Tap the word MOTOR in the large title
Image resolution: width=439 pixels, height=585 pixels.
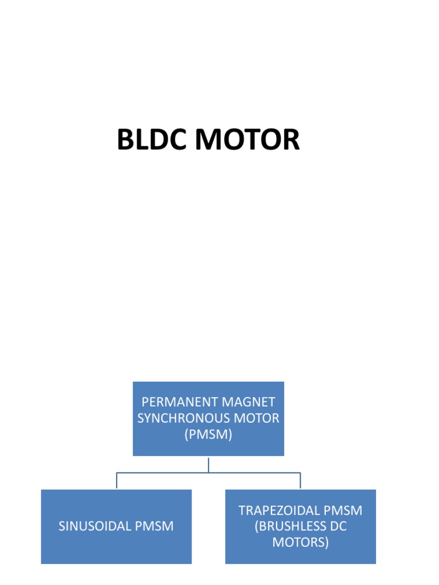246,140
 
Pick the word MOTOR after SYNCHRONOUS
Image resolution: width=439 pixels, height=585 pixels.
258,418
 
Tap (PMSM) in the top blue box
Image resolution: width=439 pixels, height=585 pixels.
208,435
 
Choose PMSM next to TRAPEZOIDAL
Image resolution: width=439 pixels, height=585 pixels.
343,510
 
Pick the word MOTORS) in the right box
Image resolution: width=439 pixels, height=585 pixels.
300,542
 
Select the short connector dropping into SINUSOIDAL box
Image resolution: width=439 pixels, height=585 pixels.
117,480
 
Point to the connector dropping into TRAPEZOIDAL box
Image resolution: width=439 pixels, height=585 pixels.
300,480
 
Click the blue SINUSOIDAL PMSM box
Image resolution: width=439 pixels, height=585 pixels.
116,548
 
